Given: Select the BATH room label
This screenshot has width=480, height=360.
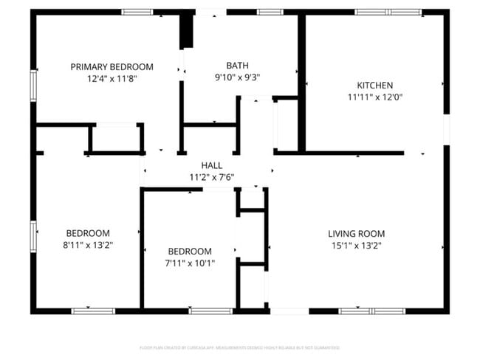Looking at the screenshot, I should point(237,65).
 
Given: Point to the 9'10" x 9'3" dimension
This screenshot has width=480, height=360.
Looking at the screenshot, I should point(237,77).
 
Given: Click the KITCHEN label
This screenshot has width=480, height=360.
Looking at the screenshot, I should point(374,85).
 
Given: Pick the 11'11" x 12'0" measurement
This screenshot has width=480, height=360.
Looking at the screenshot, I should point(374,97).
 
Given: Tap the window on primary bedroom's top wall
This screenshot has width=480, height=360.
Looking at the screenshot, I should point(137,12).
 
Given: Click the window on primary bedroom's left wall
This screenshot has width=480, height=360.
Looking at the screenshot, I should point(33,83).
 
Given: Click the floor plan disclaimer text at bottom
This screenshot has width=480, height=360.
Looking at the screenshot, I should point(239,347).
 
